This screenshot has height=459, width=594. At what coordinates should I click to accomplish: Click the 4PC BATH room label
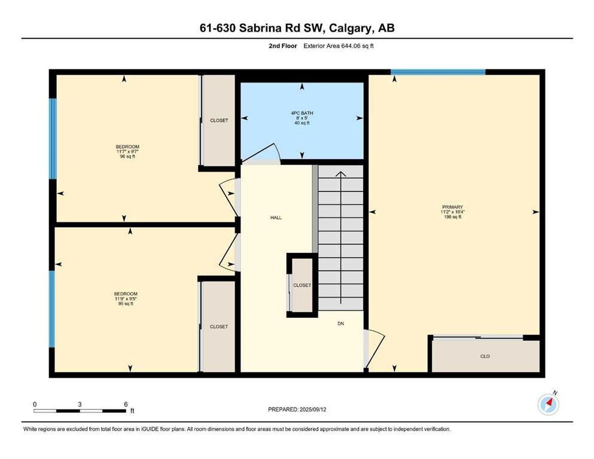(302, 113)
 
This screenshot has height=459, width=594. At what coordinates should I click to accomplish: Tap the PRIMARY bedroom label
(452, 207)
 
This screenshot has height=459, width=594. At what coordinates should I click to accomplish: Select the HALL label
(276, 218)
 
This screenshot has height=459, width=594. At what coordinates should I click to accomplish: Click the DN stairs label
(340, 323)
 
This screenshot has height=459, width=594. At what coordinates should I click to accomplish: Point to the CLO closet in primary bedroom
(485, 356)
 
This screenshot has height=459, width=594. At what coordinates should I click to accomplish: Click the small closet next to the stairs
(302, 285)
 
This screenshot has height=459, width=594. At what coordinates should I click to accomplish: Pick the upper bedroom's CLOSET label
(219, 120)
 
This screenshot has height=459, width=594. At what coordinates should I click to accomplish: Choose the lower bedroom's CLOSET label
(219, 326)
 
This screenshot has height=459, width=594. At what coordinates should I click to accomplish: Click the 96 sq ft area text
(127, 156)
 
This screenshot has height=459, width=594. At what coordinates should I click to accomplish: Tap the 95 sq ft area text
(126, 304)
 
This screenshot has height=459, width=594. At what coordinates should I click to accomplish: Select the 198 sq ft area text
(452, 217)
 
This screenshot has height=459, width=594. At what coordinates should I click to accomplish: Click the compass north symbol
(549, 404)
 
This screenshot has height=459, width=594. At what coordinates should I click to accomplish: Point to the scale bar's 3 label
(80, 404)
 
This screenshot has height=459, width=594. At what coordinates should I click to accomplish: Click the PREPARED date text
(297, 409)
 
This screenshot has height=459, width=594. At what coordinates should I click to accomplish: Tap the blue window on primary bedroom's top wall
(438, 72)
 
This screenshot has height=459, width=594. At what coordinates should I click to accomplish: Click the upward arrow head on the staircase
(341, 174)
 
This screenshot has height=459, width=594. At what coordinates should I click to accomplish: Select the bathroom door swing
(262, 153)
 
